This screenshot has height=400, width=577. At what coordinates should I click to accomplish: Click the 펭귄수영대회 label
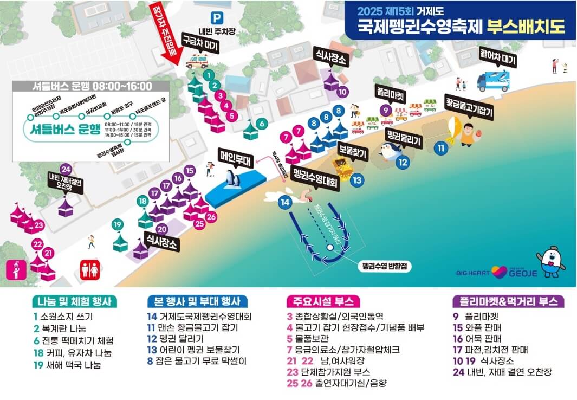coord(315,178)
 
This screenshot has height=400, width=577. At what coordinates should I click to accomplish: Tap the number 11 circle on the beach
coord(442,147)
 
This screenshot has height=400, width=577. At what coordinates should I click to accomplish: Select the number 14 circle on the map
coord(285,202)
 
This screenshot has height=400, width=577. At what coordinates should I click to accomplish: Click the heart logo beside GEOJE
coord(499,272)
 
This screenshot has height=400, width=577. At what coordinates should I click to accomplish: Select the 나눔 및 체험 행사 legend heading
coord(75,302)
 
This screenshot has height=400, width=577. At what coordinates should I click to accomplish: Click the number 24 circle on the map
coord(66,168)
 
